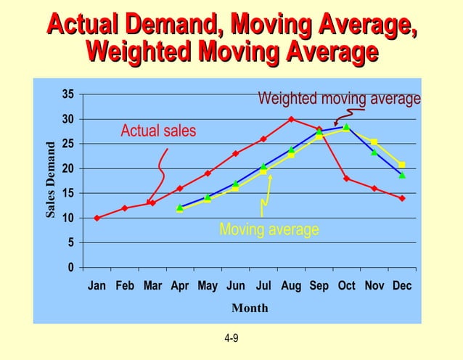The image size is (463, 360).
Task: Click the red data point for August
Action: [x=291, y=119]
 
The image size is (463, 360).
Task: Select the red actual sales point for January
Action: [x=97, y=218]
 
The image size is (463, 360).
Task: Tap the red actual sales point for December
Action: [x=402, y=198]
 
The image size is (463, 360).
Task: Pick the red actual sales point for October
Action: [x=347, y=179]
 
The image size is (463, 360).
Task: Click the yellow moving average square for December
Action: [x=402, y=165]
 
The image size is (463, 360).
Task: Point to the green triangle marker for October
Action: [x=347, y=126]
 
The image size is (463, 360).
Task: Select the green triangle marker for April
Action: [x=180, y=208]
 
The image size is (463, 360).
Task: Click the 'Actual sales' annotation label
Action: [x=158, y=131]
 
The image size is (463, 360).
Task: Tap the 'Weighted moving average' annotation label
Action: [x=339, y=98]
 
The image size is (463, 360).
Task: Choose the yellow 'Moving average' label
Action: [x=269, y=230]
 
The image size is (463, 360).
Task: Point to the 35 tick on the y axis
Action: [x=67, y=94]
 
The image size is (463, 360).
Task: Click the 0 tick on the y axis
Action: [x=70, y=267]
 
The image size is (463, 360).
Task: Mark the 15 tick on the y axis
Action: [x=67, y=193]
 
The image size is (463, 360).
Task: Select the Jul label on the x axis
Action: [x=263, y=286]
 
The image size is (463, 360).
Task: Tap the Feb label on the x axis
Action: [x=125, y=286]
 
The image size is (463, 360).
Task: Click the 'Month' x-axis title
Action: [x=250, y=308]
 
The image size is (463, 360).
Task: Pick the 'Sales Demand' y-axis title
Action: [x=51, y=180]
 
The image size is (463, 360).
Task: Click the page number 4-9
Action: [x=231, y=338]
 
